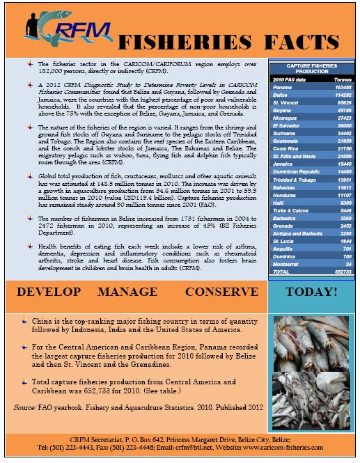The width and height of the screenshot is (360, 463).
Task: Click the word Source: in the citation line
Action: pyautogui.click(x=28, y=404)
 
